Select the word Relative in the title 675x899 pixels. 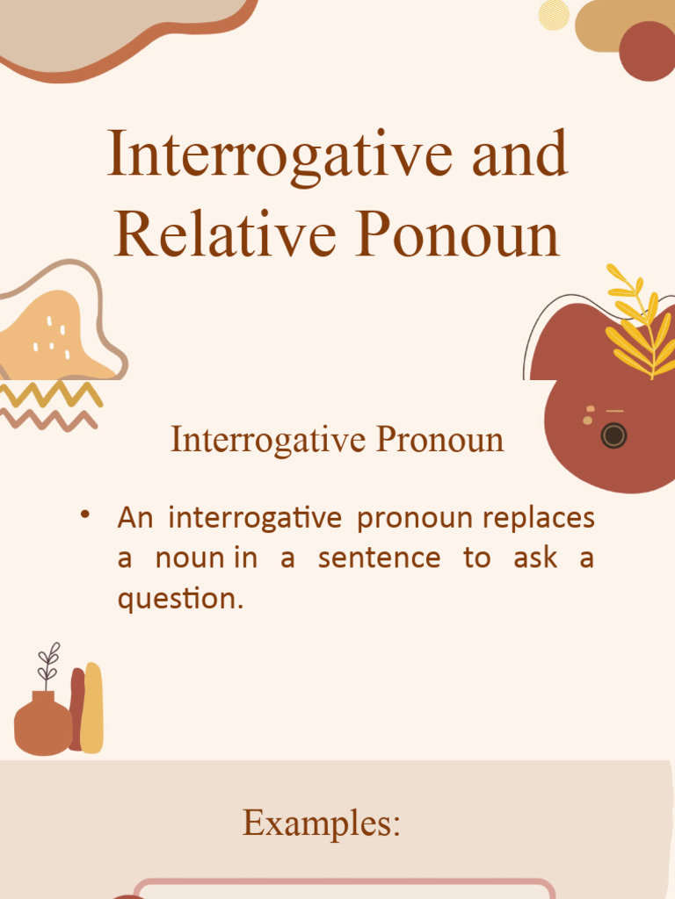click(225, 234)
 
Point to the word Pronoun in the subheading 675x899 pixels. click(439, 440)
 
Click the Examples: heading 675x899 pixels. click(322, 823)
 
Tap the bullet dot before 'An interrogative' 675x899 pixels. click(85, 514)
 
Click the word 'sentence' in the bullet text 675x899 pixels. click(379, 557)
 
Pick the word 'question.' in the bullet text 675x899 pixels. click(180, 598)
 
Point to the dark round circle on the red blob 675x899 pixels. click(613, 435)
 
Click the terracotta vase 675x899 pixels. click(42, 724)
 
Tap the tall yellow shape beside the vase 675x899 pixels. click(92, 707)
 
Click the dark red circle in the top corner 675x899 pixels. click(647, 51)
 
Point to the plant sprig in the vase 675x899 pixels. click(48, 665)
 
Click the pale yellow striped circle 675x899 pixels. click(554, 14)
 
